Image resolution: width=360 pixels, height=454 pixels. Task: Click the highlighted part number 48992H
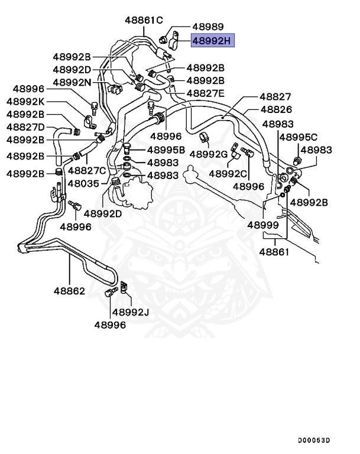click(x=213, y=40)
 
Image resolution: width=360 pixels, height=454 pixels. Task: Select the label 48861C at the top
click(x=144, y=20)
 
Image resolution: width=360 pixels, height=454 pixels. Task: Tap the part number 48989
click(x=207, y=27)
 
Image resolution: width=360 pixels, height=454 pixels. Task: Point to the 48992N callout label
click(x=72, y=82)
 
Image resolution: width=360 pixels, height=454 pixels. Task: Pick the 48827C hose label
click(x=86, y=170)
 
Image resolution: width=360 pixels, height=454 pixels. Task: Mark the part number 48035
click(x=83, y=183)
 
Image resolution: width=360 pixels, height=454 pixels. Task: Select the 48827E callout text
click(x=206, y=93)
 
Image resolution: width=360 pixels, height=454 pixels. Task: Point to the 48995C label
click(x=298, y=137)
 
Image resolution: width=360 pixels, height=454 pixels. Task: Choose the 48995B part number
click(x=166, y=150)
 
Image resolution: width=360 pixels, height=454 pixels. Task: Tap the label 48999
click(x=262, y=225)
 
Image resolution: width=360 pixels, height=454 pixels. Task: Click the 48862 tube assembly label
click(x=69, y=291)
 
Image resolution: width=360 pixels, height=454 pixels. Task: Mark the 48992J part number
click(x=131, y=312)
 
